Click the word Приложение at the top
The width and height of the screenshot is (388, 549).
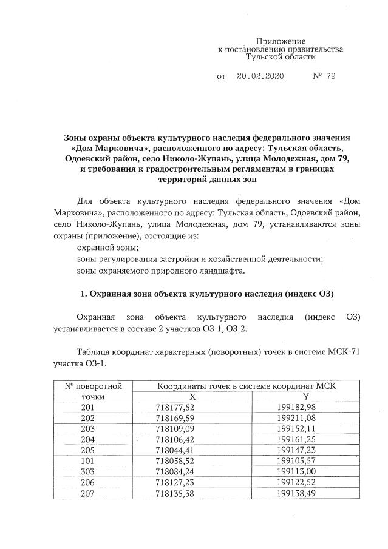click(280, 40)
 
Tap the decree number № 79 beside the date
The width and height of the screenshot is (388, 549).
click(324, 76)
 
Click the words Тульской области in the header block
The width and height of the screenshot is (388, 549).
click(280, 56)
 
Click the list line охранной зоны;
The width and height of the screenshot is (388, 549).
click(108, 248)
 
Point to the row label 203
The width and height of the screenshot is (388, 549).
click(88, 429)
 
